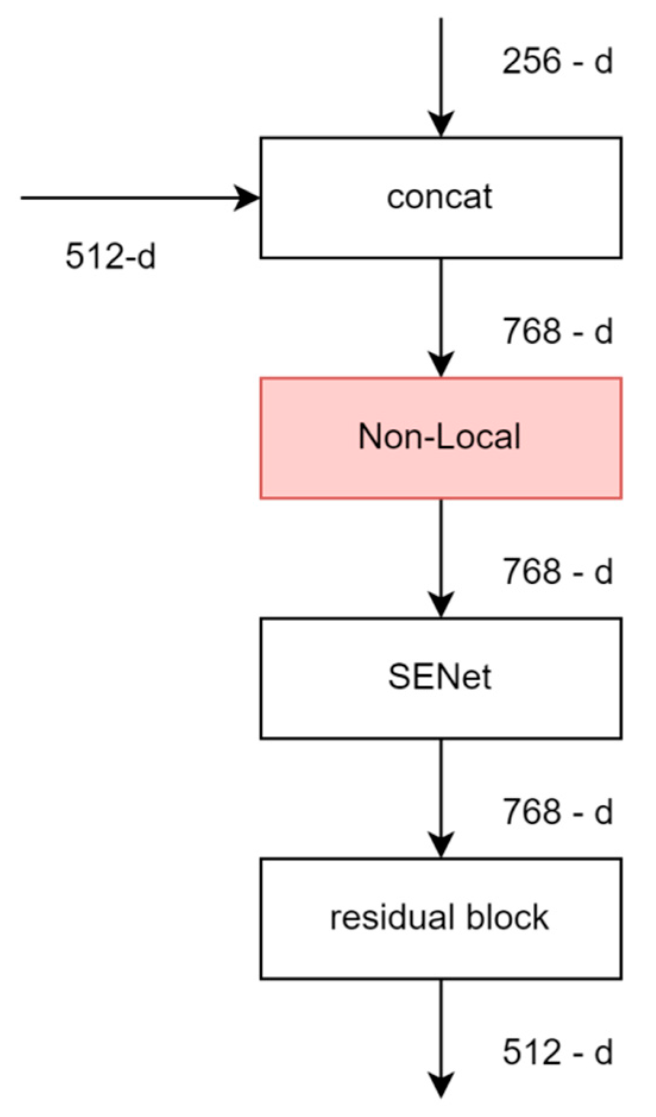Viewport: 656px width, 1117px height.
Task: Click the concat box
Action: coord(440,197)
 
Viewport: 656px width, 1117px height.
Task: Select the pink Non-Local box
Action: coord(440,438)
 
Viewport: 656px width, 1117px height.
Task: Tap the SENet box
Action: coord(440,678)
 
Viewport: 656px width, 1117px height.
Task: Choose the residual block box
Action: coord(440,918)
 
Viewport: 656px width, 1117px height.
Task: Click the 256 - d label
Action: coord(557,61)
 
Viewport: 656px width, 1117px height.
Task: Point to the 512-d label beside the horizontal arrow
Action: coord(111,257)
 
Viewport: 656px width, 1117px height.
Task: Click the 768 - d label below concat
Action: coord(557,331)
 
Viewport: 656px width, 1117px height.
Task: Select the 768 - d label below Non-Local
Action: coord(557,571)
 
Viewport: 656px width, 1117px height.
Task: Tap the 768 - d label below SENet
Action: coord(557,811)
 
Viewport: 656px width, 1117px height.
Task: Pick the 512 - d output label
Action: coord(557,1052)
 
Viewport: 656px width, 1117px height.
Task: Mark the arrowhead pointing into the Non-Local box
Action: coord(440,364)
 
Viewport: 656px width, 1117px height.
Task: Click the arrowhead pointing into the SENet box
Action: coord(440,604)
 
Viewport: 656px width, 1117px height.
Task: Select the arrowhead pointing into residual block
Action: coord(440,844)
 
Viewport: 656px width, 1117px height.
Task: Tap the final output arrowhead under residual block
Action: coord(440,1084)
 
